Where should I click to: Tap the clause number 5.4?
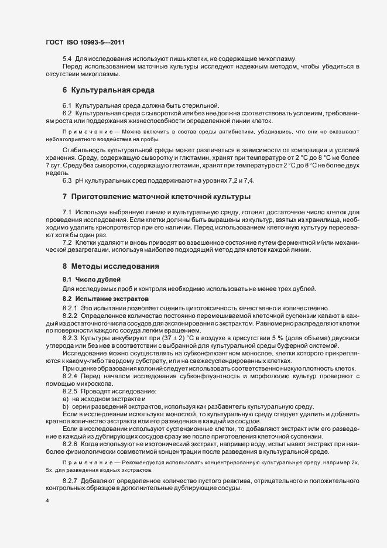point(67,58)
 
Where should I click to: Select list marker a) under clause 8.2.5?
point(66,399)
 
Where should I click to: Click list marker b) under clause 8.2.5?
point(66,407)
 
